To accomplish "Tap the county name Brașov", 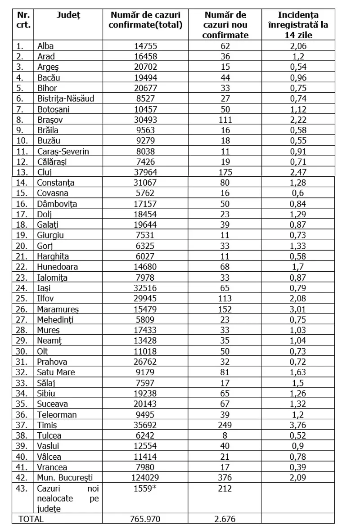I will pyautogui.click(x=51, y=120).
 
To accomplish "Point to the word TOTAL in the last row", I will pyautogui.click(x=31, y=519).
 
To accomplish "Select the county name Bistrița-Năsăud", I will pyautogui.click(x=66, y=99).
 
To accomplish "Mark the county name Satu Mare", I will pyautogui.click(x=56, y=372).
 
